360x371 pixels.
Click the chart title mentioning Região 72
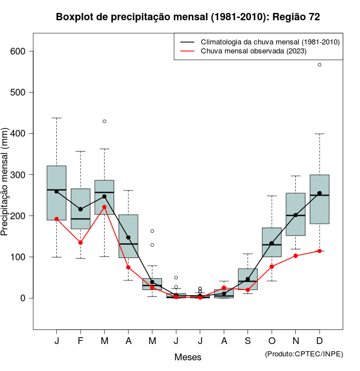tap(188, 17)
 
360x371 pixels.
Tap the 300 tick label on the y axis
tap(20, 175)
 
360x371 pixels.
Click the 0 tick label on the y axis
tap(24, 298)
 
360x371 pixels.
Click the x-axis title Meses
tap(188, 357)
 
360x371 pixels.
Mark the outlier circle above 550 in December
tap(319, 65)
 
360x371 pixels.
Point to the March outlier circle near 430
tap(105, 121)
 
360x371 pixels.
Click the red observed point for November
tap(296, 256)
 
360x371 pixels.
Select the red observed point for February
tap(80, 243)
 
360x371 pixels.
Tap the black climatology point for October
tap(272, 243)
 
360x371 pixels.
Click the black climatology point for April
tap(128, 237)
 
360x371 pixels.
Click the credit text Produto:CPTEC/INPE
tap(304, 354)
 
